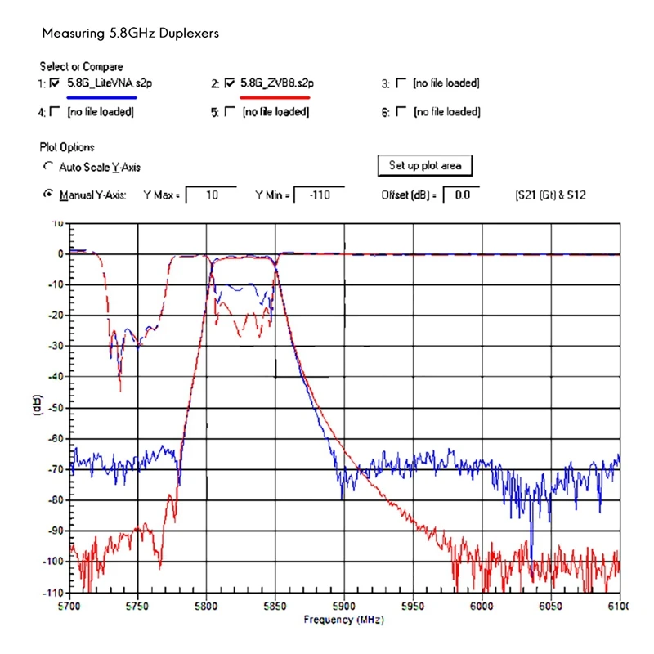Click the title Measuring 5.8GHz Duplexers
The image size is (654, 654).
tap(130, 34)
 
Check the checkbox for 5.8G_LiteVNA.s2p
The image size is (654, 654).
tap(55, 83)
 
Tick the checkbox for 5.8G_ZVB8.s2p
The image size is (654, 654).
tap(230, 83)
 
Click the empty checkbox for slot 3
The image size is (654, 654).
tap(401, 83)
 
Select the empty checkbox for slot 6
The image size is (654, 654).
tap(401, 112)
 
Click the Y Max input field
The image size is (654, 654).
tap(211, 195)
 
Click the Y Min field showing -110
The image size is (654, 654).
tap(318, 195)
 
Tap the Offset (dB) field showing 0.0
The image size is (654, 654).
tap(461, 195)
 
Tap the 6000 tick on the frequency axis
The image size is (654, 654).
tap(482, 606)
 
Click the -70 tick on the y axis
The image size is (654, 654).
tap(56, 469)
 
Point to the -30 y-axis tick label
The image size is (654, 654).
tap(56, 346)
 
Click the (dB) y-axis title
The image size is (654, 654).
tap(37, 407)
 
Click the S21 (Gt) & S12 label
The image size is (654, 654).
tap(550, 195)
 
